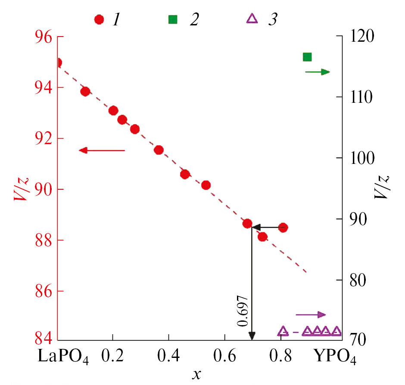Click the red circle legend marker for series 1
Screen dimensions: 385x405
click(x=100, y=20)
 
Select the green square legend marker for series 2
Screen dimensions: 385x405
click(x=172, y=20)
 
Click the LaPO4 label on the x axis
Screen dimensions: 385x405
click(x=63, y=357)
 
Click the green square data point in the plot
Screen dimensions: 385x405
click(x=307, y=57)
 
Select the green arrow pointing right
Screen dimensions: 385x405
click(x=317, y=72)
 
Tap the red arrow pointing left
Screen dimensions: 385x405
click(x=102, y=150)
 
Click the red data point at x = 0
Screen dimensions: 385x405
click(x=58, y=63)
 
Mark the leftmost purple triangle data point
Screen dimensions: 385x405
click(x=283, y=331)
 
